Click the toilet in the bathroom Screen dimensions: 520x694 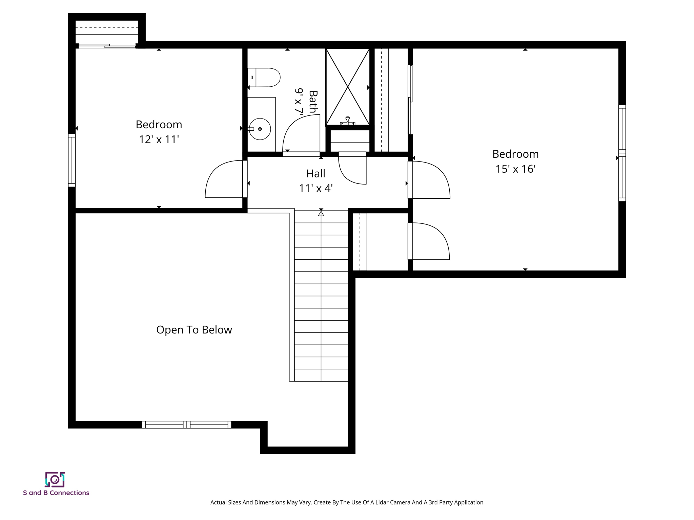(264, 78)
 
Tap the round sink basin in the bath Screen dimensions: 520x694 (260, 129)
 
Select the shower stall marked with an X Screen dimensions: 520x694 (347, 87)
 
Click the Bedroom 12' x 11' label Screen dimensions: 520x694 (159, 132)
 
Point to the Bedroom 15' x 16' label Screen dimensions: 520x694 (515, 161)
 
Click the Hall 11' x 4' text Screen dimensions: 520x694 (316, 181)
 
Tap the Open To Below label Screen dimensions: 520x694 (194, 330)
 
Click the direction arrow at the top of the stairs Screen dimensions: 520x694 (321, 213)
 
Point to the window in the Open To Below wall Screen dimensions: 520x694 (187, 425)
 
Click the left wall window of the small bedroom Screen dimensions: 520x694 (72, 160)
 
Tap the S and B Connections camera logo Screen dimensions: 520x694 (55, 479)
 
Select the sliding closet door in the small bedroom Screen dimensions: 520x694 (106, 46)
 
